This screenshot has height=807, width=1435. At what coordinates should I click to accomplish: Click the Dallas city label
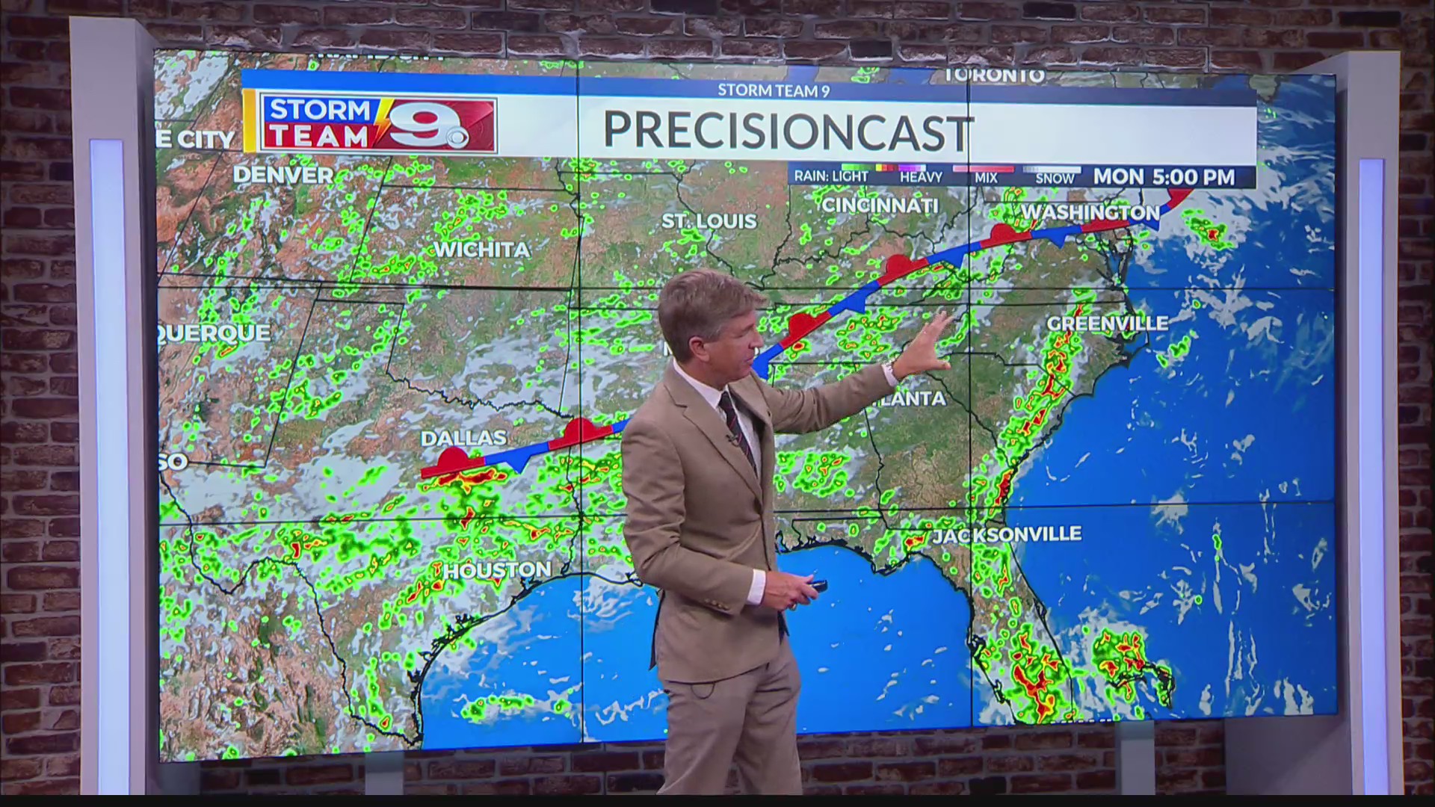pyautogui.click(x=463, y=438)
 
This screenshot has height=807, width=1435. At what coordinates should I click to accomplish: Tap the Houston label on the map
pyautogui.click(x=498, y=571)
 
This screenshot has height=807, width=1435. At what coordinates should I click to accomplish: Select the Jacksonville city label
pyautogui.click(x=1006, y=534)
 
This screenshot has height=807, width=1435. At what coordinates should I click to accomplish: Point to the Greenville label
pyautogui.click(x=1107, y=324)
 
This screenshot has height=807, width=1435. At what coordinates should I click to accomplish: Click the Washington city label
pyautogui.click(x=1090, y=213)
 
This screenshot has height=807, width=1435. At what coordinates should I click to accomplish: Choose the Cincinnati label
pyautogui.click(x=880, y=205)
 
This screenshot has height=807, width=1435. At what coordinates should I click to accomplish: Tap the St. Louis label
pyautogui.click(x=709, y=221)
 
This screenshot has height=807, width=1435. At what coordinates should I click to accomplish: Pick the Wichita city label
pyautogui.click(x=481, y=250)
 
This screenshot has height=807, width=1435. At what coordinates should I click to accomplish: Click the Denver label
pyautogui.click(x=283, y=176)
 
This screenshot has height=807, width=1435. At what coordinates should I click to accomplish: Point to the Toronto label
pyautogui.click(x=994, y=75)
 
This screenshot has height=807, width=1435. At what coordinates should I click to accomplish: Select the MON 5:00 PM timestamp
pyautogui.click(x=1164, y=177)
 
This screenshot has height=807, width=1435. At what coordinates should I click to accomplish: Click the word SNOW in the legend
pyautogui.click(x=1055, y=179)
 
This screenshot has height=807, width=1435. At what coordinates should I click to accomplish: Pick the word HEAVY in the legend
pyautogui.click(x=921, y=178)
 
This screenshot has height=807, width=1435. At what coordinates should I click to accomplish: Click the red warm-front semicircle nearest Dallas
pyautogui.click(x=453, y=458)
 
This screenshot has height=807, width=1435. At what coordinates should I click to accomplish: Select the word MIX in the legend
pyautogui.click(x=986, y=178)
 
